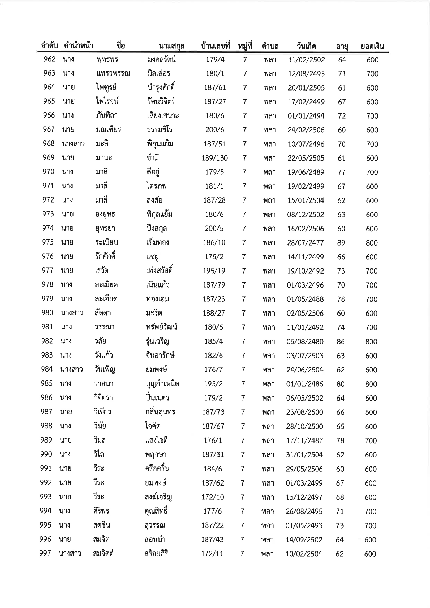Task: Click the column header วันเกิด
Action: [306, 46]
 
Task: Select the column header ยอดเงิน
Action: [372, 46]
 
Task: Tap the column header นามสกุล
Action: [171, 46]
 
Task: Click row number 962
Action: [50, 59]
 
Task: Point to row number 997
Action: [45, 553]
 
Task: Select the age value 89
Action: [341, 243]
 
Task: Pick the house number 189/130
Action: [215, 158]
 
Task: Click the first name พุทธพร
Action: [107, 60]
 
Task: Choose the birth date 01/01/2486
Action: [305, 384]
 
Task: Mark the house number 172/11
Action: [212, 554]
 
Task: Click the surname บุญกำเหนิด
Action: [162, 384]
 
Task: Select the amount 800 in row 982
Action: [371, 342]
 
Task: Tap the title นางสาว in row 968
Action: [73, 144]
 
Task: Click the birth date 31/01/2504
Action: [304, 455]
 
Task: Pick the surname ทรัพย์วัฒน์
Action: [162, 327]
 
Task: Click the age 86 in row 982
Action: [341, 342]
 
